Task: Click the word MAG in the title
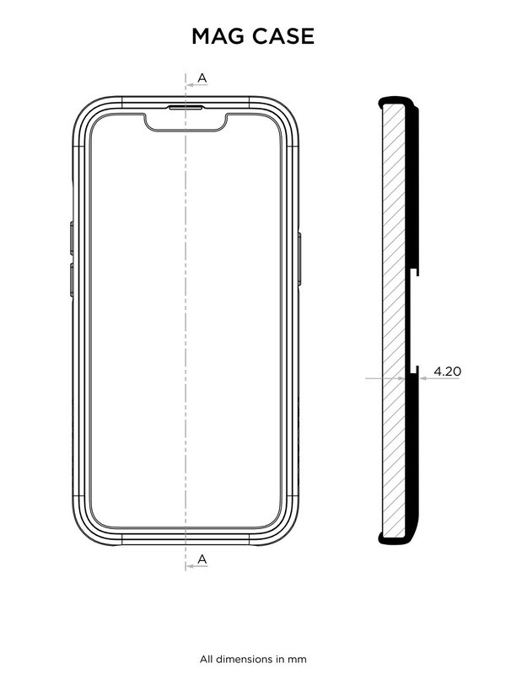click(219, 36)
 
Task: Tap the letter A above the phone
click(202, 78)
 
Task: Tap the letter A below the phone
click(202, 559)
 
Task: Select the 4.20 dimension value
click(447, 370)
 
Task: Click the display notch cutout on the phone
click(186, 122)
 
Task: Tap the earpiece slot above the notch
click(186, 108)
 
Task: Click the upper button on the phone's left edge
click(71, 238)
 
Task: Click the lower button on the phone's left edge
click(71, 278)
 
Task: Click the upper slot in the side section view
click(416, 273)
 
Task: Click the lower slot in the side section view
click(416, 369)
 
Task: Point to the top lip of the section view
click(396, 99)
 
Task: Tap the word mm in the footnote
click(298, 658)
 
